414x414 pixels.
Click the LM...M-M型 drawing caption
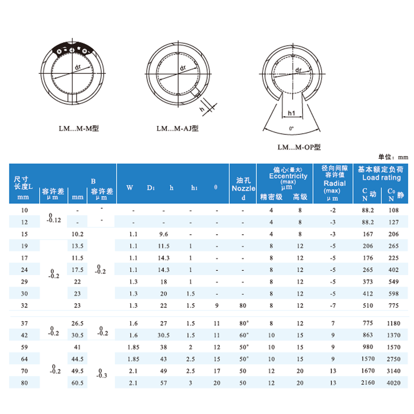79,129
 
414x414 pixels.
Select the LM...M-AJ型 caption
177,129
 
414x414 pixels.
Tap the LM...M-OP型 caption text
299,147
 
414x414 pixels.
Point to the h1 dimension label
291,113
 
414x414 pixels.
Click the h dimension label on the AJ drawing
202,109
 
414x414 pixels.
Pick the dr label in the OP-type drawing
298,70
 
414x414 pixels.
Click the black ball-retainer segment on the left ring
72,49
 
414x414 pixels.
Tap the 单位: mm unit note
393,157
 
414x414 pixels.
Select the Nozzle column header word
244,188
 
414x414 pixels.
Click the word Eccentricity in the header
288,176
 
